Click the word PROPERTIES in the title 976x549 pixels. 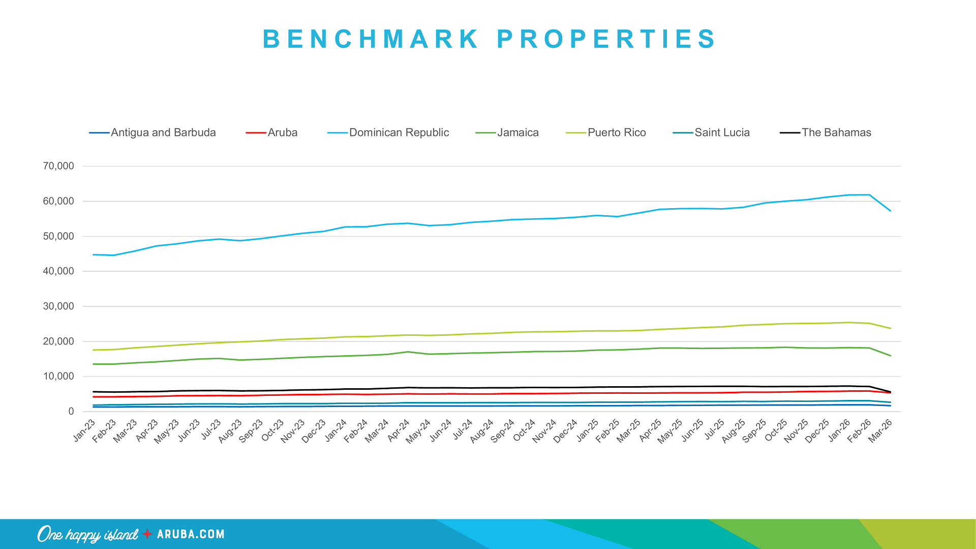[x=606, y=39]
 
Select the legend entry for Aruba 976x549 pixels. [x=282, y=133]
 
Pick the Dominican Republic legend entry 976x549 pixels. [x=399, y=133]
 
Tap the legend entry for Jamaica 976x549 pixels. [x=517, y=133]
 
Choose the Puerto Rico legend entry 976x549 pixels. [x=616, y=133]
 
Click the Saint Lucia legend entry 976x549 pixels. [x=721, y=133]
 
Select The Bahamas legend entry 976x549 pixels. [x=836, y=133]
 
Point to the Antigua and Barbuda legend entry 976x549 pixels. [x=163, y=133]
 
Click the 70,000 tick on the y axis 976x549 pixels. [x=58, y=166]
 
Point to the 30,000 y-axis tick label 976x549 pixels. [x=58, y=306]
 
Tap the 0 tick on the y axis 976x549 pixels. [x=71, y=412]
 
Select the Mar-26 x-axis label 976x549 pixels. [x=881, y=430]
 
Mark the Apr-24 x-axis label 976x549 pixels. [x=399, y=430]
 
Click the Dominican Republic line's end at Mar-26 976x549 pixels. [x=890, y=211]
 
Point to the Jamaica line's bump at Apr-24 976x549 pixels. [x=408, y=352]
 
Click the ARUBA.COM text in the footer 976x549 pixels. [x=191, y=534]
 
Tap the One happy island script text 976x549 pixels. [x=87, y=534]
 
